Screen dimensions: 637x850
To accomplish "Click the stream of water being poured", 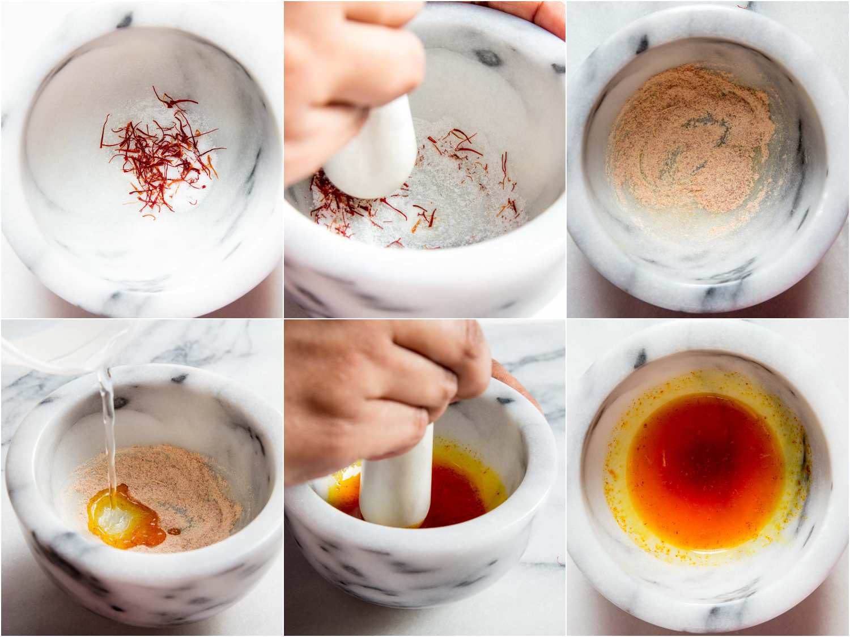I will point(108,430).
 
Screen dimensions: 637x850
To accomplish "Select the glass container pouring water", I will point(45,348).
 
